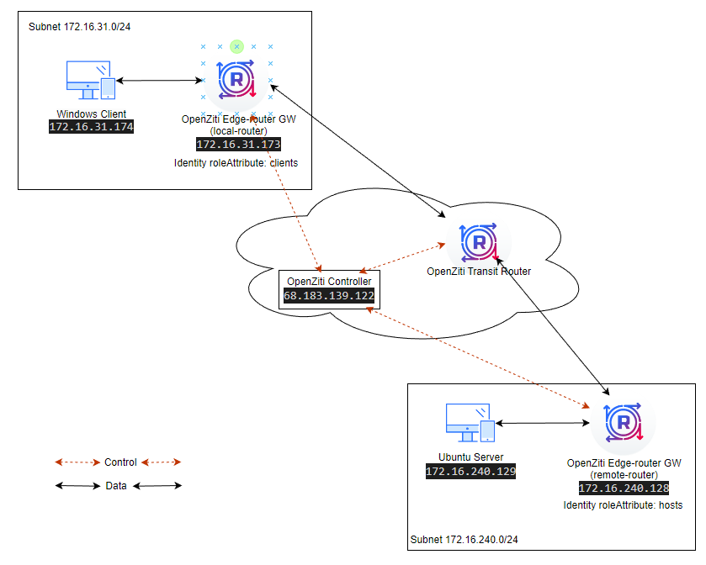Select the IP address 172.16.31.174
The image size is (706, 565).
click(92, 128)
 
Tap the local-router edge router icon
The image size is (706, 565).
click(236, 81)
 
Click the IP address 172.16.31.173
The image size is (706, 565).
click(238, 145)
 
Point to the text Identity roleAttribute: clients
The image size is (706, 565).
click(236, 162)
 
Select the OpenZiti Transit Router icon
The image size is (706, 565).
click(479, 243)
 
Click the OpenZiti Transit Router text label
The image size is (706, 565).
click(479, 272)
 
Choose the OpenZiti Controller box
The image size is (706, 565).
click(328, 288)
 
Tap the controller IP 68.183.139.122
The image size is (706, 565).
click(328, 296)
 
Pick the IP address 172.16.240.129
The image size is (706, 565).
click(470, 472)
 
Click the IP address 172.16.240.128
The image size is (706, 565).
click(624, 488)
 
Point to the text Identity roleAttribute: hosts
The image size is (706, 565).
click(623, 505)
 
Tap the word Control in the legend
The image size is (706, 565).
click(119, 462)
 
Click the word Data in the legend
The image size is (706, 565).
click(116, 485)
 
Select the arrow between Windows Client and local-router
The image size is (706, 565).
click(158, 81)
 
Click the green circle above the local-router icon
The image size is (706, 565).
click(236, 45)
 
